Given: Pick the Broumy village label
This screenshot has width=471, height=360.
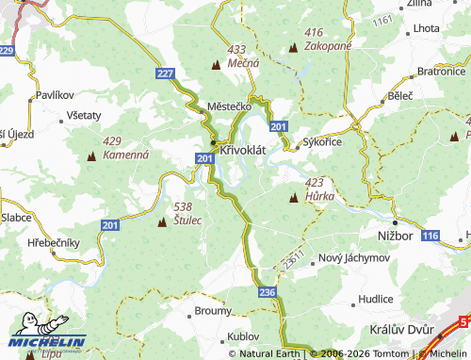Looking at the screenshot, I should click(x=213, y=310).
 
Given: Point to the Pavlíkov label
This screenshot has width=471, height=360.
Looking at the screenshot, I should click(x=55, y=96).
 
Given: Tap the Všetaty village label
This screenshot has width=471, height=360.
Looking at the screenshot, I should click(x=84, y=114).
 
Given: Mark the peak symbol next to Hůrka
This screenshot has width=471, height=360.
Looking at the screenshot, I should click(x=294, y=198).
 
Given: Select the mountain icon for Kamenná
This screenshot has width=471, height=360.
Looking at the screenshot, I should click(x=91, y=154).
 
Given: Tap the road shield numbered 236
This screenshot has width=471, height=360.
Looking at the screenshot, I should click(x=267, y=294).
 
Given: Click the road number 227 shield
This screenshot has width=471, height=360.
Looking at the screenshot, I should click(x=166, y=73).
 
